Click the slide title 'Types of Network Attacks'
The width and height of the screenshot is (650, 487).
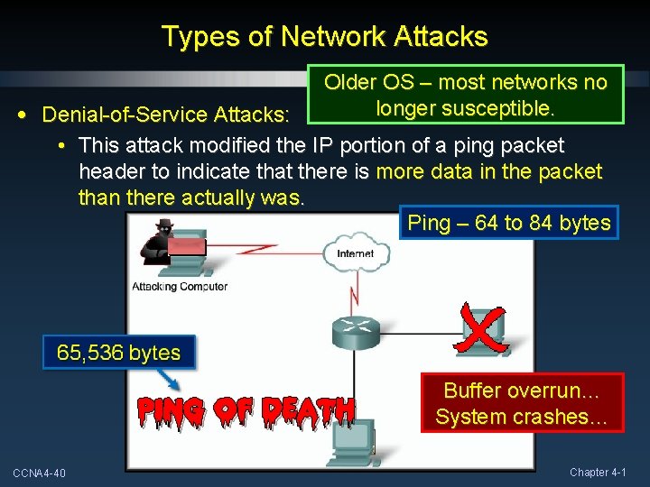pos(324,36)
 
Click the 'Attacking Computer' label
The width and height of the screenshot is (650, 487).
pos(180,287)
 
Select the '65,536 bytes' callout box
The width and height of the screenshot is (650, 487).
pos(118,353)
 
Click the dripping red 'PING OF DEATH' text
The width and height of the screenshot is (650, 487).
pos(246,410)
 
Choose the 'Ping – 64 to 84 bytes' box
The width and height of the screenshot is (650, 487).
pos(509,223)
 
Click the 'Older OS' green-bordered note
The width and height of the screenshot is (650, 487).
pos(465,95)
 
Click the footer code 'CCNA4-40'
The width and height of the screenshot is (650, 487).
pos(39,473)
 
